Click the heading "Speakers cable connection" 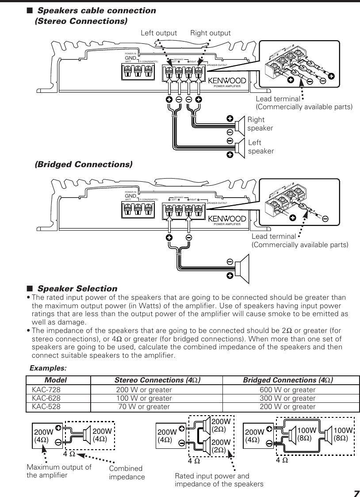point(96,10)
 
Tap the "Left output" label point(158,33)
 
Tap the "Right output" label point(211,33)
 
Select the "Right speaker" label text point(260,124)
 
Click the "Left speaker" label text point(261,147)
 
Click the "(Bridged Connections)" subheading point(84,164)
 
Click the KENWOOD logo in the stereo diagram point(227,80)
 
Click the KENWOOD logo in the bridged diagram point(227,218)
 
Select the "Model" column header point(56,380)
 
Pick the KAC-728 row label point(46,390)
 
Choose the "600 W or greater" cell point(287,390)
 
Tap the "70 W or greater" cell point(144,406)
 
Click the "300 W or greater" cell point(287,398)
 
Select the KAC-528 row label point(46,406)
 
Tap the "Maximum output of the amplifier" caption point(59,471)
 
